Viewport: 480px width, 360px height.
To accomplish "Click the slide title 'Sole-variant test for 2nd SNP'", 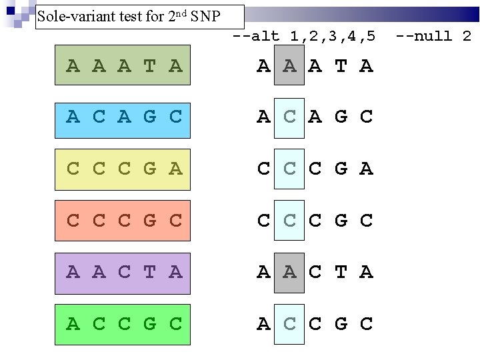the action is coord(128,17).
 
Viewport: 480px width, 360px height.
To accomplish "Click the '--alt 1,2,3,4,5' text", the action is coord(304,36).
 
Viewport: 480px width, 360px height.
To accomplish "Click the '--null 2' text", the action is coord(433,36).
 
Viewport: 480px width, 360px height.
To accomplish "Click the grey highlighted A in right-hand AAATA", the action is coord(289,65).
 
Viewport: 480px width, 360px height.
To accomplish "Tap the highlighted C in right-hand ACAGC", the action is coord(289,117).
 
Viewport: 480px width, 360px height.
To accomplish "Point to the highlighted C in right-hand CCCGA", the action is coord(289,169).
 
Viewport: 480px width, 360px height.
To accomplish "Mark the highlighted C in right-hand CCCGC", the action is coord(289,221).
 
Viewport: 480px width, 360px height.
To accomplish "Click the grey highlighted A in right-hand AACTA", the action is coord(289,273).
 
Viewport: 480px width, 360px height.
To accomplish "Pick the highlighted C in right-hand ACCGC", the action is coord(289,325).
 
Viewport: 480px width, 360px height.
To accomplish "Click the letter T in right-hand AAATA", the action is coord(341,66).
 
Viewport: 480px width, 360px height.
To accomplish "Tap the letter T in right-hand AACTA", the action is coord(341,273).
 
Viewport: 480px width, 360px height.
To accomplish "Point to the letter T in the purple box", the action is coord(149,273).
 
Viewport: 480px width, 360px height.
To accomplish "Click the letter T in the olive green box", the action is coord(149,66).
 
